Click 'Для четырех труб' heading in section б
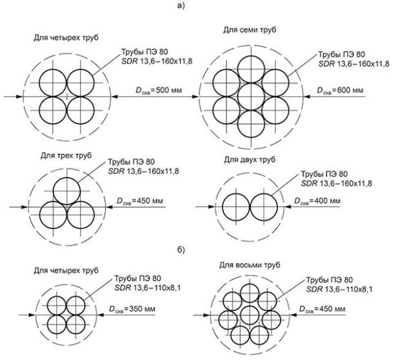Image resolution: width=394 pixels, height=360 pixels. point(60,270)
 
